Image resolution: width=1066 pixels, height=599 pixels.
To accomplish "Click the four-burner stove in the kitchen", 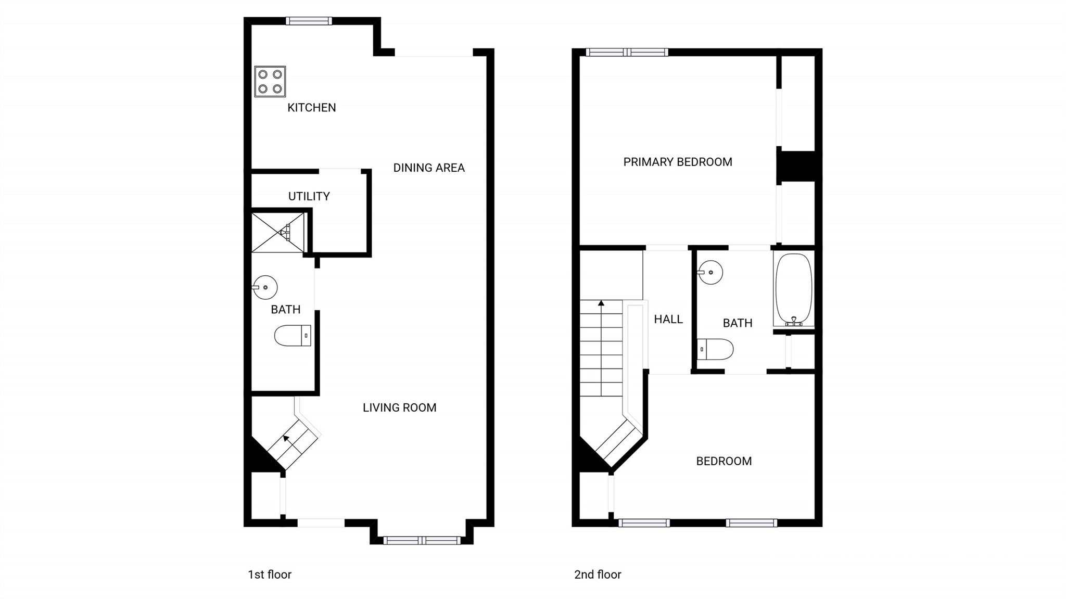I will (270, 82).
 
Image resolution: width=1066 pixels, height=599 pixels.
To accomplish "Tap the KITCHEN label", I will (311, 108).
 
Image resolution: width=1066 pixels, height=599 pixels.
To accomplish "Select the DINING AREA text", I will (428, 168).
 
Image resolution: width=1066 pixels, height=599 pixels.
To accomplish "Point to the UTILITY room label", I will (309, 196).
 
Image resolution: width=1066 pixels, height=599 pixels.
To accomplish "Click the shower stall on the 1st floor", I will (277, 232).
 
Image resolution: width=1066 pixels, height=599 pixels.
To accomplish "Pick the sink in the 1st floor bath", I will (265, 287).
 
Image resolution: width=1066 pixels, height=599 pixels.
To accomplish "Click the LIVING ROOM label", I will (399, 407).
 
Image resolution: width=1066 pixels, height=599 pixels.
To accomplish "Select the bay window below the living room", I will (422, 541).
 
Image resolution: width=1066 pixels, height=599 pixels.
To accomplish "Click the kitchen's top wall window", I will (309, 21).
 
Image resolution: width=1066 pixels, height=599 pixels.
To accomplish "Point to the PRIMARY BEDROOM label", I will (677, 162).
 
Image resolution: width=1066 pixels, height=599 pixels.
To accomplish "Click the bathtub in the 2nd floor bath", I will (793, 289).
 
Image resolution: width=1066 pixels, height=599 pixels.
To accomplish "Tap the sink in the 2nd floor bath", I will (710, 272).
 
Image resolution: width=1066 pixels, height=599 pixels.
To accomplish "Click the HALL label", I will (668, 320).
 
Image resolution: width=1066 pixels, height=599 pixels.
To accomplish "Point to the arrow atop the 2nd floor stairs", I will (601, 303).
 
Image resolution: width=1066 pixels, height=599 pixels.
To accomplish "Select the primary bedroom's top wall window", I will (627, 52).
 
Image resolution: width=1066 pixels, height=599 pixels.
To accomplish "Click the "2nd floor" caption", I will (598, 575).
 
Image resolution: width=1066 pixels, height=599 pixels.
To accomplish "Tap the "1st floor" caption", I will (269, 575).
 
